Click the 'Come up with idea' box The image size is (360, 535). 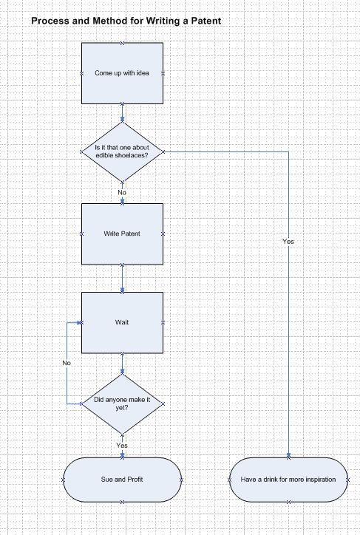pos(122,73)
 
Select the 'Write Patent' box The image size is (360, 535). pos(122,234)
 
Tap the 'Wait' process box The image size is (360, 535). pos(122,322)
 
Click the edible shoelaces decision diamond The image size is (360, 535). pos(122,151)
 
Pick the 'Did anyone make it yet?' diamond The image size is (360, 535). pos(122,403)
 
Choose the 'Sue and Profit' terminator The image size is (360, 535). pos(122,480)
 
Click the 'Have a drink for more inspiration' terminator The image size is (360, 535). pos(288,480)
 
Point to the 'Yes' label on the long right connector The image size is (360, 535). pos(288,241)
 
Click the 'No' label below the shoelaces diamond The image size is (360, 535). pos(122,192)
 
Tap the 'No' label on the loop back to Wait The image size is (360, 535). pos(67,363)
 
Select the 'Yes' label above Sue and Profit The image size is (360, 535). pos(122,446)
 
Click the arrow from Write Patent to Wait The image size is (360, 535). pos(122,278)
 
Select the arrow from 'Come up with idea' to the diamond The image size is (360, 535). pos(122,113)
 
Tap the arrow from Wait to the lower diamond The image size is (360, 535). pos(122,364)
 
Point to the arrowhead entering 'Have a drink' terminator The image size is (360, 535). pos(288,455)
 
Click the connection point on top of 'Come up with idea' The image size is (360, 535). pos(122,43)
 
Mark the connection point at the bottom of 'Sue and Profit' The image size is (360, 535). pos(122,502)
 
